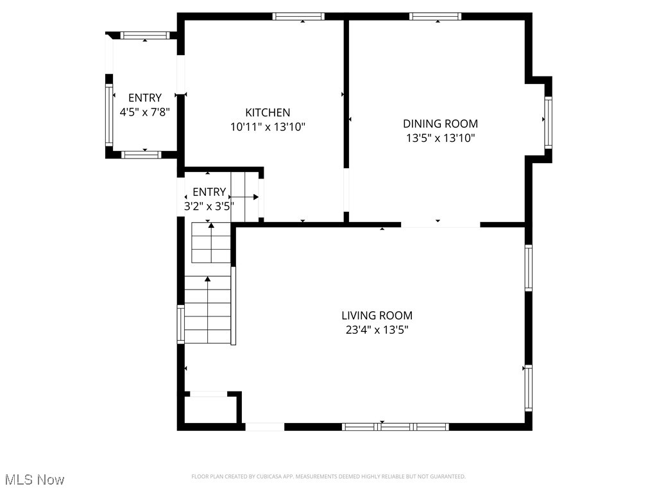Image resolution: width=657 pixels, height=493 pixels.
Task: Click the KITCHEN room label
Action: tap(268, 112)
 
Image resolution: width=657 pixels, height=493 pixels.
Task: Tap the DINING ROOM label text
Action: tap(440, 124)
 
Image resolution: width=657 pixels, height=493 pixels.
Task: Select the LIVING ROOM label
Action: tap(377, 315)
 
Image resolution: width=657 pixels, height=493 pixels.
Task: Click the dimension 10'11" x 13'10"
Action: tap(268, 127)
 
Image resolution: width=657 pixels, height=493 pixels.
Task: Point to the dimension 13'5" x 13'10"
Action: tap(440, 138)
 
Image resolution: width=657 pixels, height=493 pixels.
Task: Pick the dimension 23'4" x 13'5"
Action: tap(377, 330)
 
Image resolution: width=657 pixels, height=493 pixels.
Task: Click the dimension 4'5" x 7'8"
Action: tap(144, 112)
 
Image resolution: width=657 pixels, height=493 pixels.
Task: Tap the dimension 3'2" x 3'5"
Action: tap(209, 206)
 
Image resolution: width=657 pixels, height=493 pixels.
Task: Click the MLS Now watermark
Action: tap(35, 480)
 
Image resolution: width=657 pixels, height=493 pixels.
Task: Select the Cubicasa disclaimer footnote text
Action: tap(328, 476)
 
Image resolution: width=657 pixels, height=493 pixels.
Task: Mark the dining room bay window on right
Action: tap(548, 122)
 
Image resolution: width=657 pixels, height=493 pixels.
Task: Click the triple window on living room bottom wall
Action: tap(395, 426)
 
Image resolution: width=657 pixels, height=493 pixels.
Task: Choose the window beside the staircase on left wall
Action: tap(181, 324)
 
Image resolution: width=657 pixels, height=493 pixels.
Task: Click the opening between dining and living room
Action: tap(440, 225)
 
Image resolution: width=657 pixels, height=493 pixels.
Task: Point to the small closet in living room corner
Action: tap(210, 409)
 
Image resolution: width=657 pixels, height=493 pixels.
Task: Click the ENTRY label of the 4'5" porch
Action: tap(144, 98)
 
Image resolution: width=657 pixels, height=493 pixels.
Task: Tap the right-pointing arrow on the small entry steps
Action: tap(246, 197)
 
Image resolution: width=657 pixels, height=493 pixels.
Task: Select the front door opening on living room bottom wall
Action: tap(264, 426)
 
